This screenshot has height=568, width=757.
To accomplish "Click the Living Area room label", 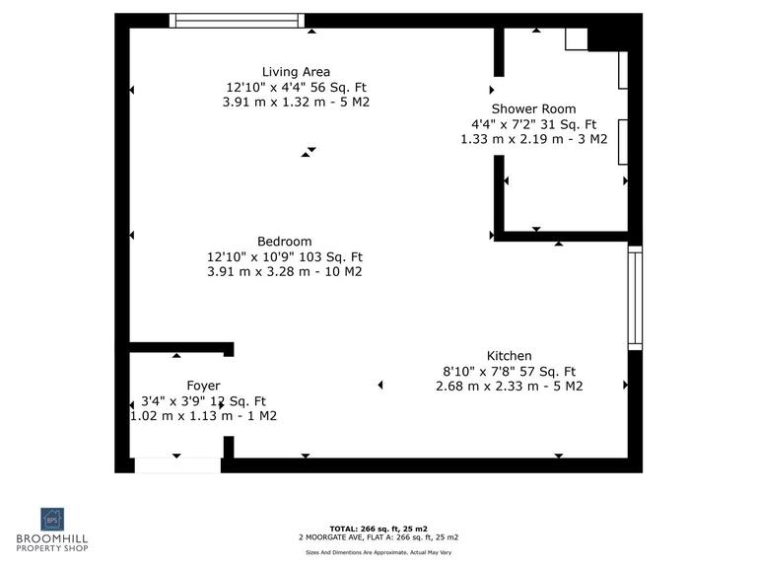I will tap(296, 72).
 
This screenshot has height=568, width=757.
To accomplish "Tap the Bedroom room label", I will tap(284, 242).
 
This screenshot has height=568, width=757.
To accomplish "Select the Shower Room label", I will tap(533, 109).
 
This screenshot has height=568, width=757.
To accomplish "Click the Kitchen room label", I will tap(509, 356).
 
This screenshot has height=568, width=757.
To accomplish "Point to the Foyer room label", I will tap(203, 386).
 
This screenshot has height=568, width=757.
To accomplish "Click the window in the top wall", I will tap(237, 21).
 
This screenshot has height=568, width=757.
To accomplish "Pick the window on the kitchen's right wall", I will tap(635, 297).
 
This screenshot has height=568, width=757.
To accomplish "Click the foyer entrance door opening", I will tap(177, 464).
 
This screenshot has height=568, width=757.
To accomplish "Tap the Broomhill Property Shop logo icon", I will tap(51, 520).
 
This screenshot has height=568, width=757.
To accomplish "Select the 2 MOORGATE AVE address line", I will tap(378, 538).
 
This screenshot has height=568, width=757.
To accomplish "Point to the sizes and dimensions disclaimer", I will tap(378, 552).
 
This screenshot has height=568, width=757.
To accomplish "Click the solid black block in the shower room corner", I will tap(608, 38).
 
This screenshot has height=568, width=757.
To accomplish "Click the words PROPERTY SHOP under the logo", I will tap(51, 548).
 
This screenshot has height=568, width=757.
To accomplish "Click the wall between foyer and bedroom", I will tap(180, 348).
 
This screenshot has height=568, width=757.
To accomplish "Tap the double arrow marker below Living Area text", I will tap(310, 152).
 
